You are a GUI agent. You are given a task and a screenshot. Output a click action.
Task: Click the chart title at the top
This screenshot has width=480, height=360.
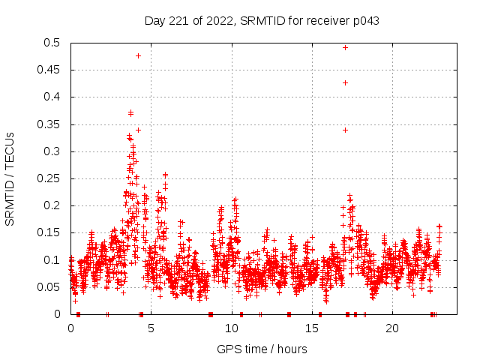click(262, 20)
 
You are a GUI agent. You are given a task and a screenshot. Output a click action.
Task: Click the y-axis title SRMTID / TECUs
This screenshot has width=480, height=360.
click(10, 178)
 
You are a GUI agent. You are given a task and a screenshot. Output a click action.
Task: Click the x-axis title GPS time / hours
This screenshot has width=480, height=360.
click(262, 349)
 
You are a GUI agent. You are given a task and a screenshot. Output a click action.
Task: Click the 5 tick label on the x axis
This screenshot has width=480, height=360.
click(151, 328)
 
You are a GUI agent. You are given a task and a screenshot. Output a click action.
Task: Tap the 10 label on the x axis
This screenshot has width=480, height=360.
click(231, 328)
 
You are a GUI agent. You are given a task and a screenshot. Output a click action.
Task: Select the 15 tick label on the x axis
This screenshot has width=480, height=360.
click(311, 328)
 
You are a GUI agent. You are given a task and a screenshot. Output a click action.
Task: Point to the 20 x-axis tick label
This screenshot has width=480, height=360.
click(391, 328)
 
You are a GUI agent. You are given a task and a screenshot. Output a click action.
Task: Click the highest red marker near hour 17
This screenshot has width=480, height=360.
click(345, 47)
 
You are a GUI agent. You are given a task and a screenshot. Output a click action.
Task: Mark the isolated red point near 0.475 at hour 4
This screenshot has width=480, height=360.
click(138, 55)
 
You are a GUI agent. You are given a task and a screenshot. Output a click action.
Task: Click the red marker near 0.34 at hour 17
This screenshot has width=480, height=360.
click(345, 130)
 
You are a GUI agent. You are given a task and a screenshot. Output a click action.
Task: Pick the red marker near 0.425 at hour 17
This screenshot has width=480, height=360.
click(345, 82)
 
